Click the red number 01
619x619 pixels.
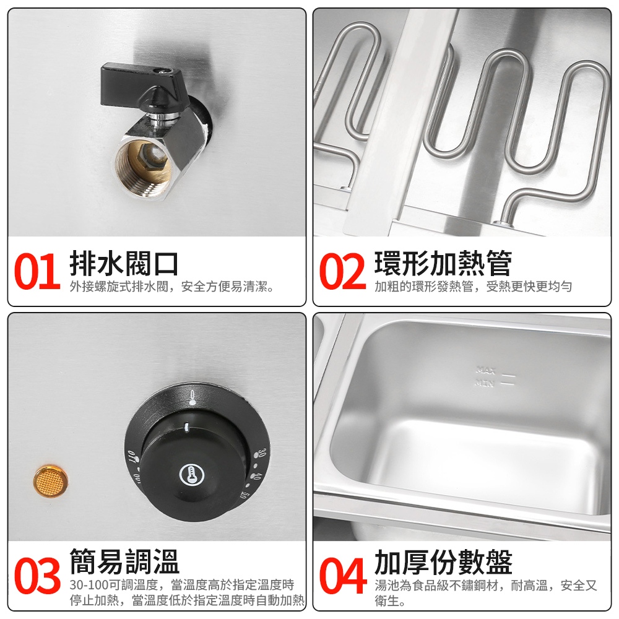pos(37,272)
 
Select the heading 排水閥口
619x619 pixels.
pos(124,264)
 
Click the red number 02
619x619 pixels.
pos(342,272)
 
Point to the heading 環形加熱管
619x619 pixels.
pos(443,263)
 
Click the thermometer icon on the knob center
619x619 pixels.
pos(193,475)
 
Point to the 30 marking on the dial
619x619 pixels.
pos(262,454)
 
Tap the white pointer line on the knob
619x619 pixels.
pos(186,426)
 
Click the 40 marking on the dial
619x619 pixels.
pos(256,477)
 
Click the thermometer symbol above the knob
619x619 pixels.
pos(193,397)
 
